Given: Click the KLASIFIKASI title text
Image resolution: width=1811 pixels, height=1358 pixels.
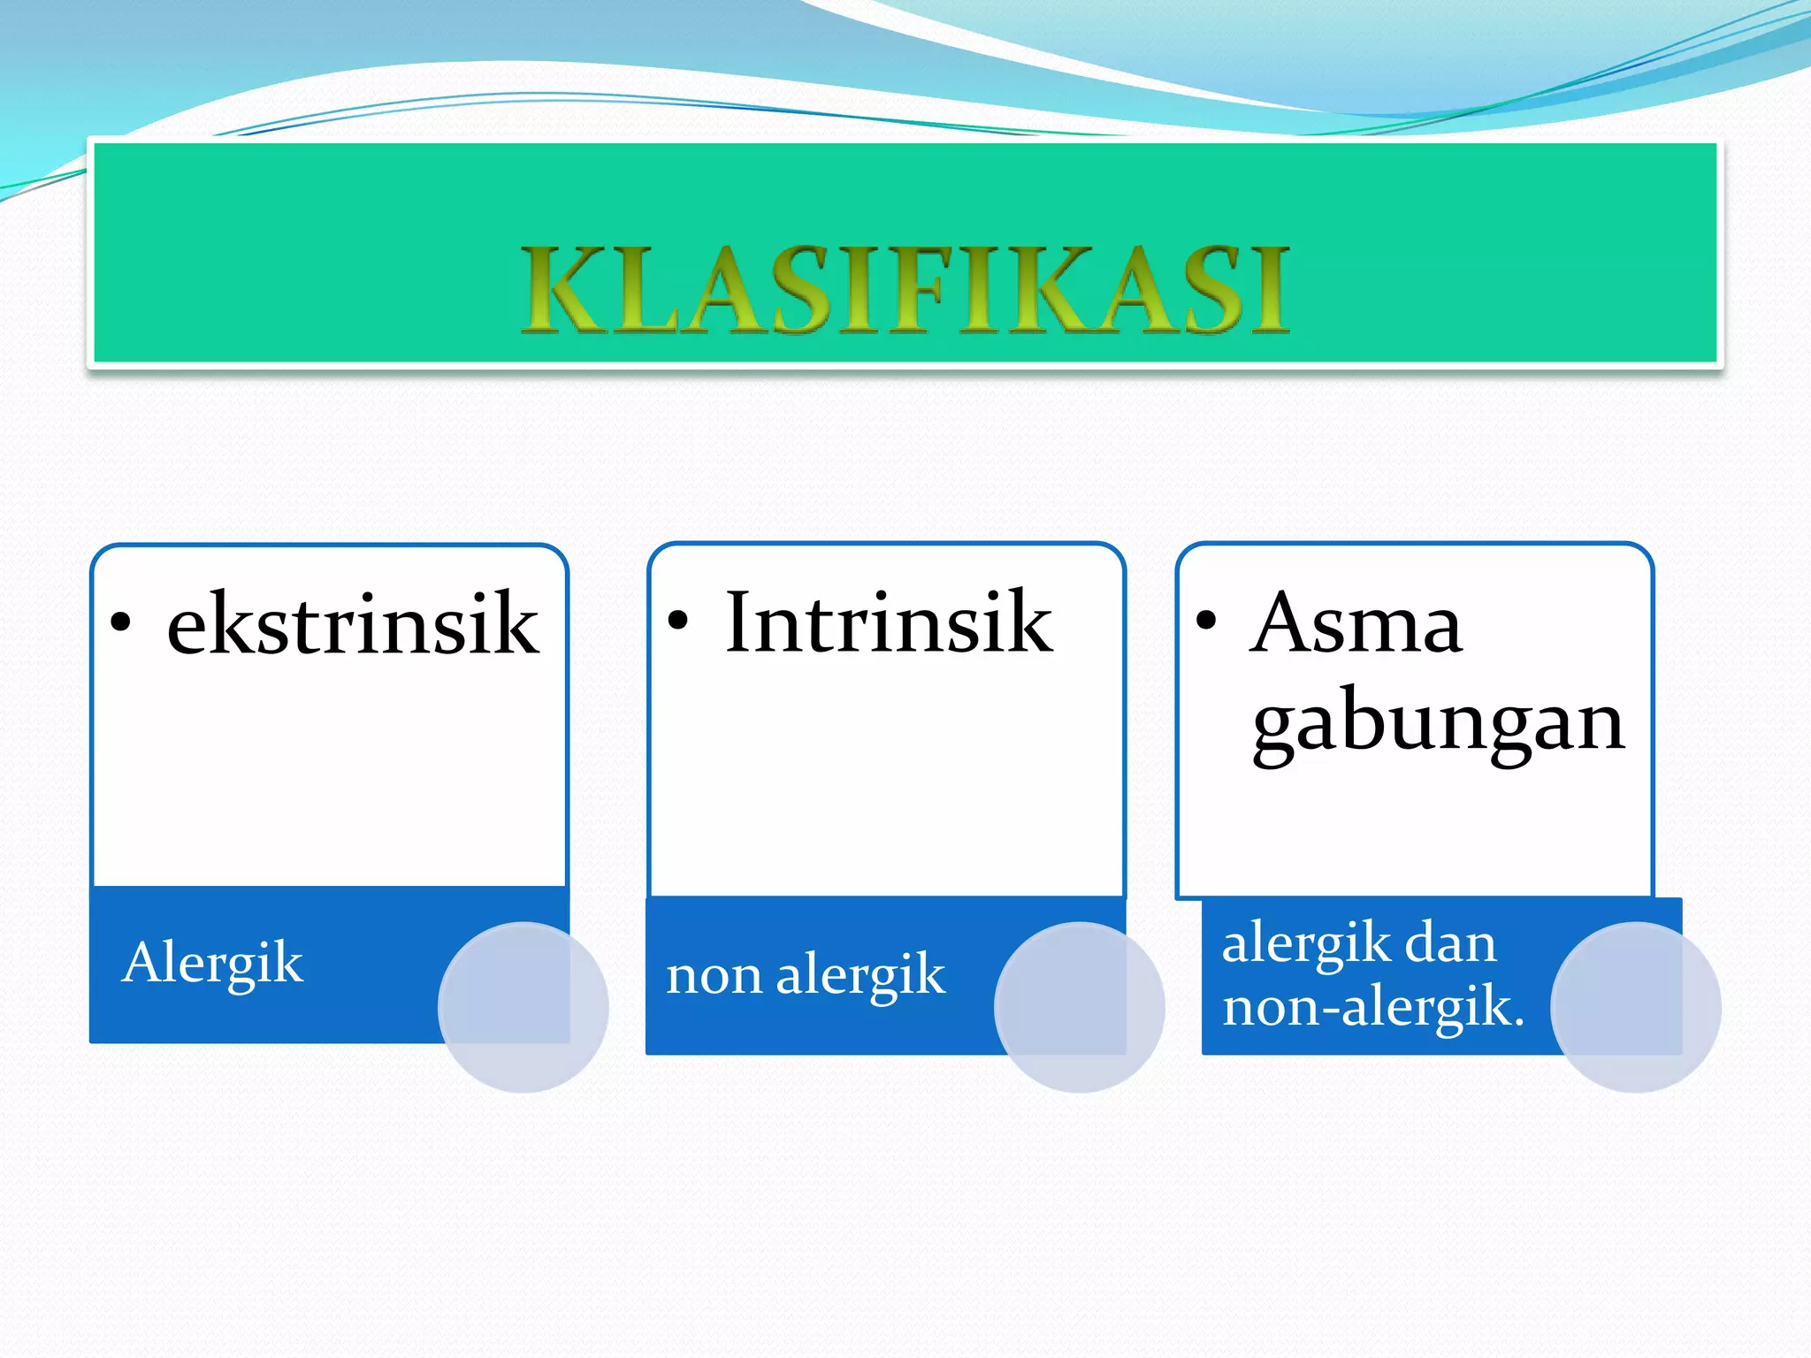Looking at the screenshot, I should pyautogui.click(x=905, y=289).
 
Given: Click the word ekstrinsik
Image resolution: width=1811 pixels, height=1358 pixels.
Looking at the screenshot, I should pyautogui.click(x=353, y=624).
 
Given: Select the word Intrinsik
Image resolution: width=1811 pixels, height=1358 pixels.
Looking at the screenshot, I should pyautogui.click(x=889, y=622).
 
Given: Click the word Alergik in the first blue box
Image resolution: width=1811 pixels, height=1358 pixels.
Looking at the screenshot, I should pyautogui.click(x=213, y=963).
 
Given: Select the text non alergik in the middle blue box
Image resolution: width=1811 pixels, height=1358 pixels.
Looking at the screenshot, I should pyautogui.click(x=806, y=975).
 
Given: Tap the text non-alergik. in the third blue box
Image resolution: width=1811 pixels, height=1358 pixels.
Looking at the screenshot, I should pyautogui.click(x=1373, y=1007).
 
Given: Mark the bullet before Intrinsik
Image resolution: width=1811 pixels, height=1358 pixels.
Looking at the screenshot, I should pyautogui.click(x=677, y=622).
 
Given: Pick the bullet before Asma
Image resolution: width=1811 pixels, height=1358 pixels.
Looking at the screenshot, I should pyautogui.click(x=1205, y=621).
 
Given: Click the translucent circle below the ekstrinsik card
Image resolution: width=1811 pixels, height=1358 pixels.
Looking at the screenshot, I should pyautogui.click(x=523, y=1007).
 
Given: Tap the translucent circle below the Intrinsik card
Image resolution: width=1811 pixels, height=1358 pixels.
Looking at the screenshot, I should pyautogui.click(x=1079, y=1007).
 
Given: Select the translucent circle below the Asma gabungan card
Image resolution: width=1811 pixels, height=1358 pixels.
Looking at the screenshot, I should pyautogui.click(x=1635, y=1007).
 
